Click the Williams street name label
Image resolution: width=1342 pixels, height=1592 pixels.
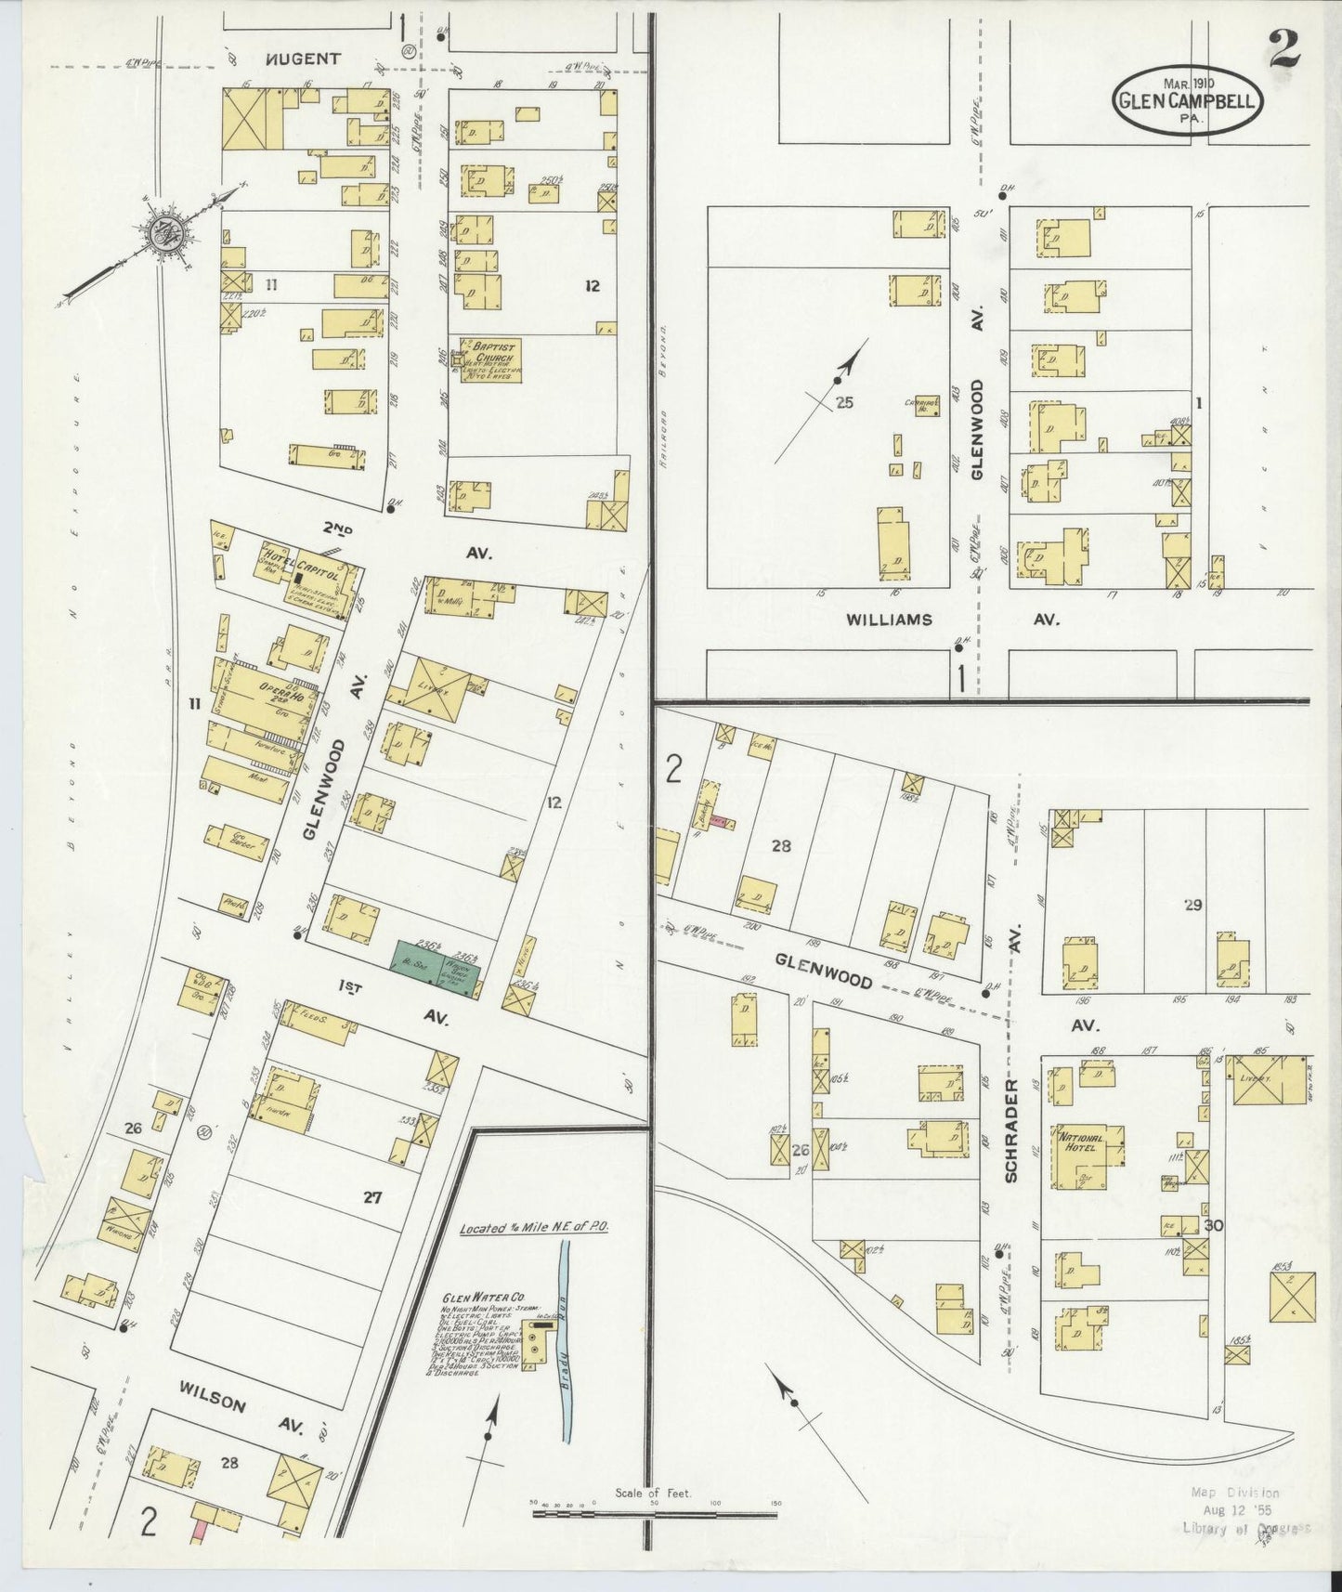[889, 620]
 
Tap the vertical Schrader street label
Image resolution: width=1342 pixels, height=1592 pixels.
[1011, 1130]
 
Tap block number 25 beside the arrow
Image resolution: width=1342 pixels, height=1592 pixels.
[843, 402]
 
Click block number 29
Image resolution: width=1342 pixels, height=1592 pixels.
[1192, 904]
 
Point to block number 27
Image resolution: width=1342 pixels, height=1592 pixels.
[372, 1198]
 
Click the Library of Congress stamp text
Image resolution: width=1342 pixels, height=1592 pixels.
[1244, 1528]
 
